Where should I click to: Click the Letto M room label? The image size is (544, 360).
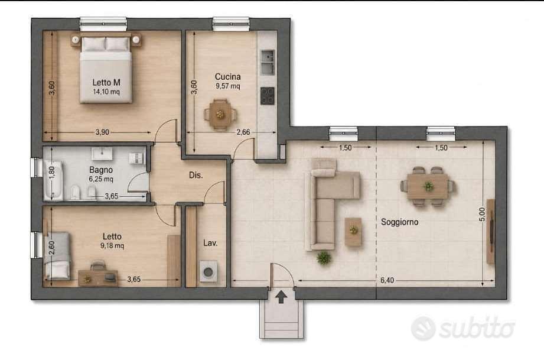point(106,83)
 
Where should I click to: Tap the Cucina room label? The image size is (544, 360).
point(227,77)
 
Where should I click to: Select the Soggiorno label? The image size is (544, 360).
point(400,222)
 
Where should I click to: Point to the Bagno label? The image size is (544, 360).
point(101,170)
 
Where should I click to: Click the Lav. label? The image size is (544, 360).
point(210,243)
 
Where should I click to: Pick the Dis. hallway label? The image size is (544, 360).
point(196,176)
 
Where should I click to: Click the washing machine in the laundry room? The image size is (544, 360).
point(209,271)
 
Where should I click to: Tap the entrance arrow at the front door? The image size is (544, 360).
point(281,297)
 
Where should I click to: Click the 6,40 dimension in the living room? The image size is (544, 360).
point(387,280)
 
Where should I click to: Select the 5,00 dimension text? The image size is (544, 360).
point(481,214)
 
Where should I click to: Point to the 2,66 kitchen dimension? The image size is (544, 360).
point(243,132)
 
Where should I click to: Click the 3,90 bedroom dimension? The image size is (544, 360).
point(102,132)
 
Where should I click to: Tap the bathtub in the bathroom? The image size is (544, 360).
point(54,180)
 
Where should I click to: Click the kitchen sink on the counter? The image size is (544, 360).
point(268,63)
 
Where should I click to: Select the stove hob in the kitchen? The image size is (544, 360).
point(268,96)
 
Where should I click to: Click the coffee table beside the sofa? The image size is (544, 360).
point(353,232)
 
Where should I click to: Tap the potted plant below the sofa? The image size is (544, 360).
point(324,258)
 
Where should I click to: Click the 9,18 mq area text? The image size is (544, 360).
point(112,246)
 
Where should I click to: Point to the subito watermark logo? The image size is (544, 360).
point(463,327)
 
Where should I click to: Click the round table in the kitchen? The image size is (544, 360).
point(220,114)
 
